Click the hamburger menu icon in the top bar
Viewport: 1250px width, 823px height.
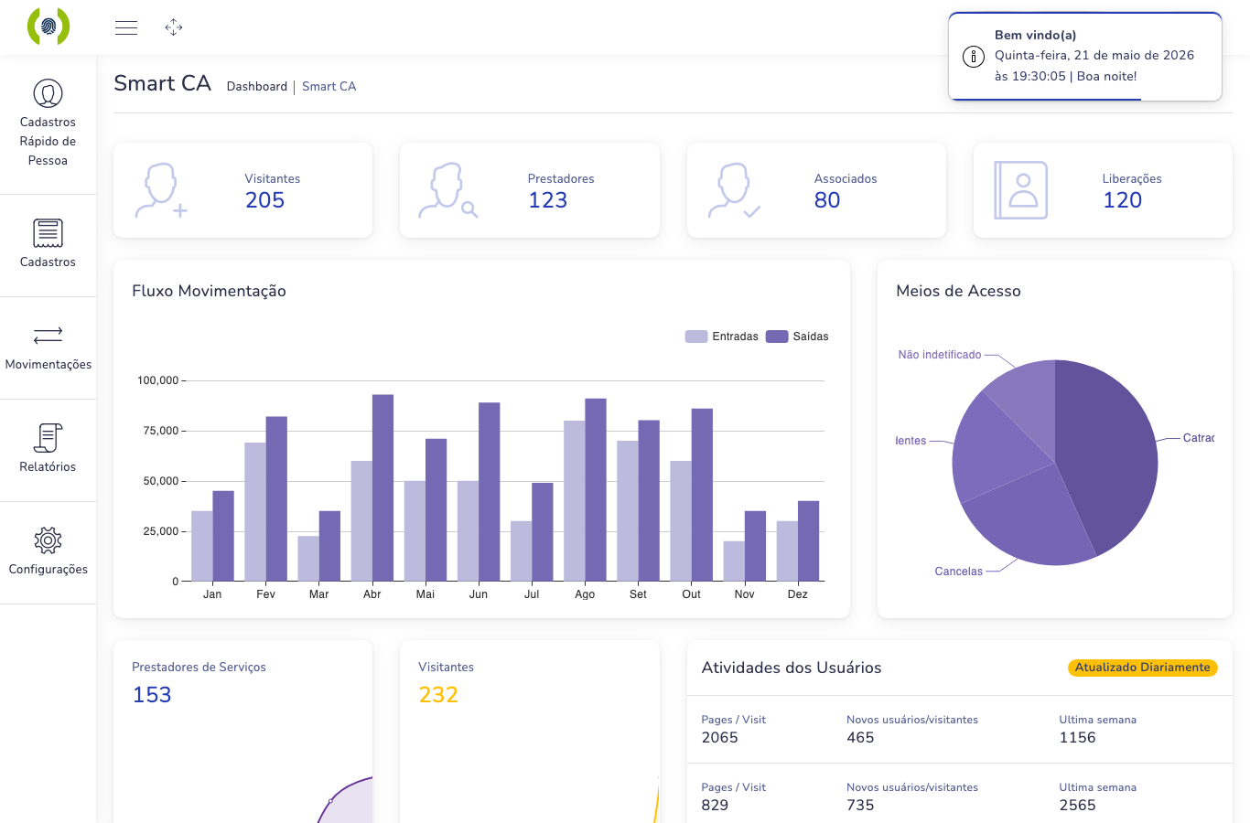point(126,27)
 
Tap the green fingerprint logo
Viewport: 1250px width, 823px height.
point(48,27)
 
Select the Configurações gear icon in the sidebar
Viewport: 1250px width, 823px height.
point(48,540)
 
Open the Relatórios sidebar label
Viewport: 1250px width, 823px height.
point(48,466)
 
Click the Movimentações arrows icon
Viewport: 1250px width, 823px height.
point(48,336)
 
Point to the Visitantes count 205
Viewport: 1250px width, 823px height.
point(265,200)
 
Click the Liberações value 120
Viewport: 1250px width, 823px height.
point(1122,200)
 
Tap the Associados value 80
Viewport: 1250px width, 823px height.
point(827,200)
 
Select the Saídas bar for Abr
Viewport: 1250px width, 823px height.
point(383,488)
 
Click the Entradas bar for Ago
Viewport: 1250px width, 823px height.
point(575,501)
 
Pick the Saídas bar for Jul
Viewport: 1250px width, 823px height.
point(543,532)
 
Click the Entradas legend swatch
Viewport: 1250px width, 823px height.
point(695,337)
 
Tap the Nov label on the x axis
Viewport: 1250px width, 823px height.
point(745,594)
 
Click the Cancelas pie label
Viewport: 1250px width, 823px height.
point(958,572)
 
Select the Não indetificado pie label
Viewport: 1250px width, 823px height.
point(939,355)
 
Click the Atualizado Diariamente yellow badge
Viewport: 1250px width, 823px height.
point(1142,668)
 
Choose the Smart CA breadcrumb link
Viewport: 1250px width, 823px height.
point(329,87)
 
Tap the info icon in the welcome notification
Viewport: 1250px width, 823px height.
point(974,57)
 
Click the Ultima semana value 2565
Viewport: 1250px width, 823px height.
point(1077,805)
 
